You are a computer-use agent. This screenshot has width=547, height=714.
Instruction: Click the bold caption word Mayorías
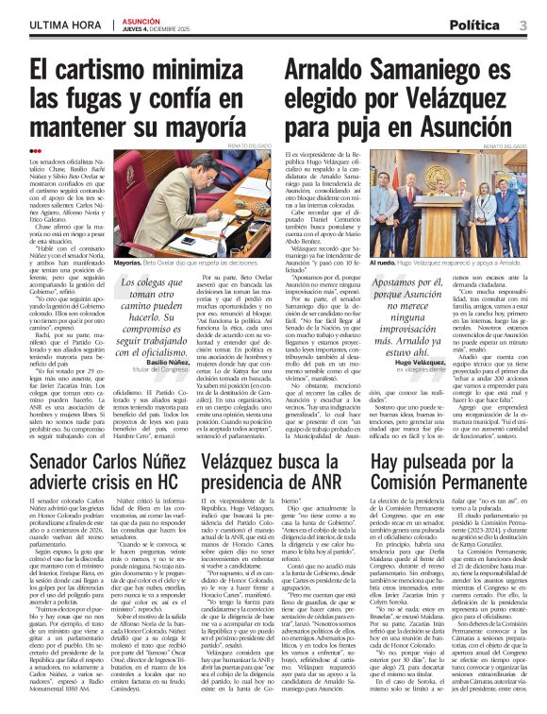(128, 263)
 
